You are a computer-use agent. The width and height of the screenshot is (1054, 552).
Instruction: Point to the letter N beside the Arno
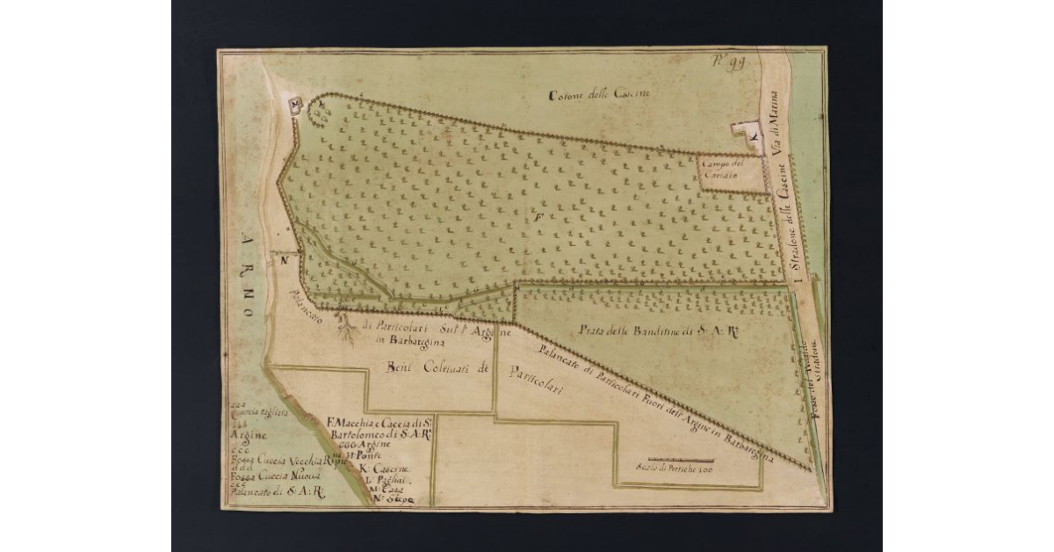click(285, 259)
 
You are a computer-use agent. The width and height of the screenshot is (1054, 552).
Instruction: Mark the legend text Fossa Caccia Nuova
click(272, 476)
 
